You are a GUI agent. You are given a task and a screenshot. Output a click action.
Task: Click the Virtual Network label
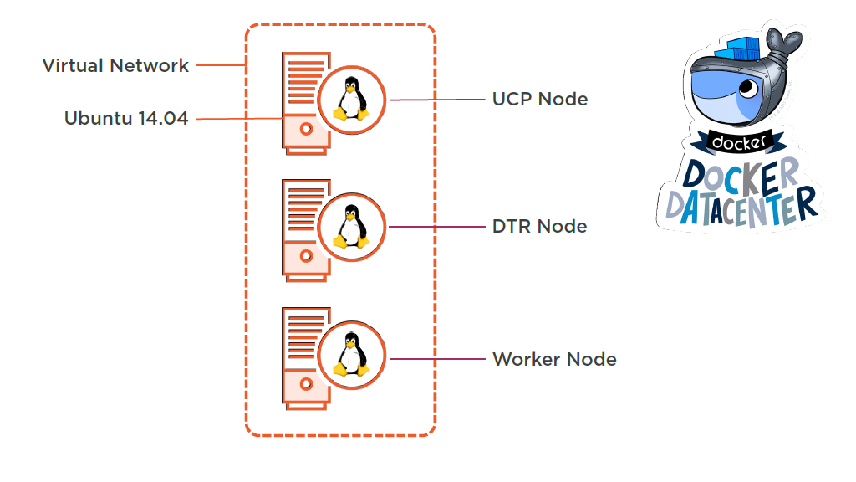pyautogui.click(x=115, y=65)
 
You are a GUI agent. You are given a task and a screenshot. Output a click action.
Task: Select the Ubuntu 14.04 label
pyautogui.click(x=126, y=119)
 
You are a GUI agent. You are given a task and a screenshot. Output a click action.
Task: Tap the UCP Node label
pyautogui.click(x=540, y=99)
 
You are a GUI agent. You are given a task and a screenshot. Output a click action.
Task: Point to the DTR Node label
pyautogui.click(x=539, y=226)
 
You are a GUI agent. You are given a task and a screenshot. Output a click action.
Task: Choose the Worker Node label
pyautogui.click(x=554, y=359)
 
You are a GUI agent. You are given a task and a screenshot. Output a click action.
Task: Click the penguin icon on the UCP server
pyautogui.click(x=352, y=100)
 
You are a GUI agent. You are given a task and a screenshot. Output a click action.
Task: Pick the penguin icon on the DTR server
pyautogui.click(x=352, y=227)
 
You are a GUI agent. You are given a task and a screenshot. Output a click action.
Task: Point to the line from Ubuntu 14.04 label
pyautogui.click(x=238, y=120)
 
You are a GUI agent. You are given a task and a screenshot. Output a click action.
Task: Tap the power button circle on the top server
pyautogui.click(x=306, y=130)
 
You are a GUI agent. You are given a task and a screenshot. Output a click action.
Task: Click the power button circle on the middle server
pyautogui.click(x=306, y=255)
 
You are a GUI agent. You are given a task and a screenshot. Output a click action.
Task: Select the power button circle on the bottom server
pyautogui.click(x=306, y=384)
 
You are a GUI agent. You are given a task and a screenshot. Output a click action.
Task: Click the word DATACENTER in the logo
pyautogui.click(x=741, y=203)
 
